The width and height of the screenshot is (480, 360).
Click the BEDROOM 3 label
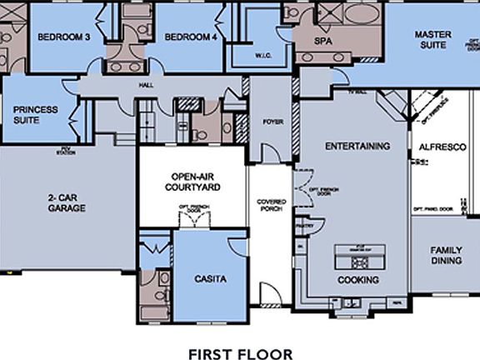63,37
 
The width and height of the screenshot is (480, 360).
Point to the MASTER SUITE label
432,39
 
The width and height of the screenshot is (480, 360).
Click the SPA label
322,40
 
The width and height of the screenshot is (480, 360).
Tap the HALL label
147,85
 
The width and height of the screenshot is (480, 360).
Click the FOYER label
273,122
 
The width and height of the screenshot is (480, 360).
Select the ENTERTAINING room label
357,146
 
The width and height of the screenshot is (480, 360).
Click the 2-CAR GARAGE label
66,202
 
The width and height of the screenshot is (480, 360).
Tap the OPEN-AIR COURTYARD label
195,182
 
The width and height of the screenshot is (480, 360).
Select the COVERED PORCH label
272,205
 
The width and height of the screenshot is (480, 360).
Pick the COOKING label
358,280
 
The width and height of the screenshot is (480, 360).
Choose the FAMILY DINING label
446,255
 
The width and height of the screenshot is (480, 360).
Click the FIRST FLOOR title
240,353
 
